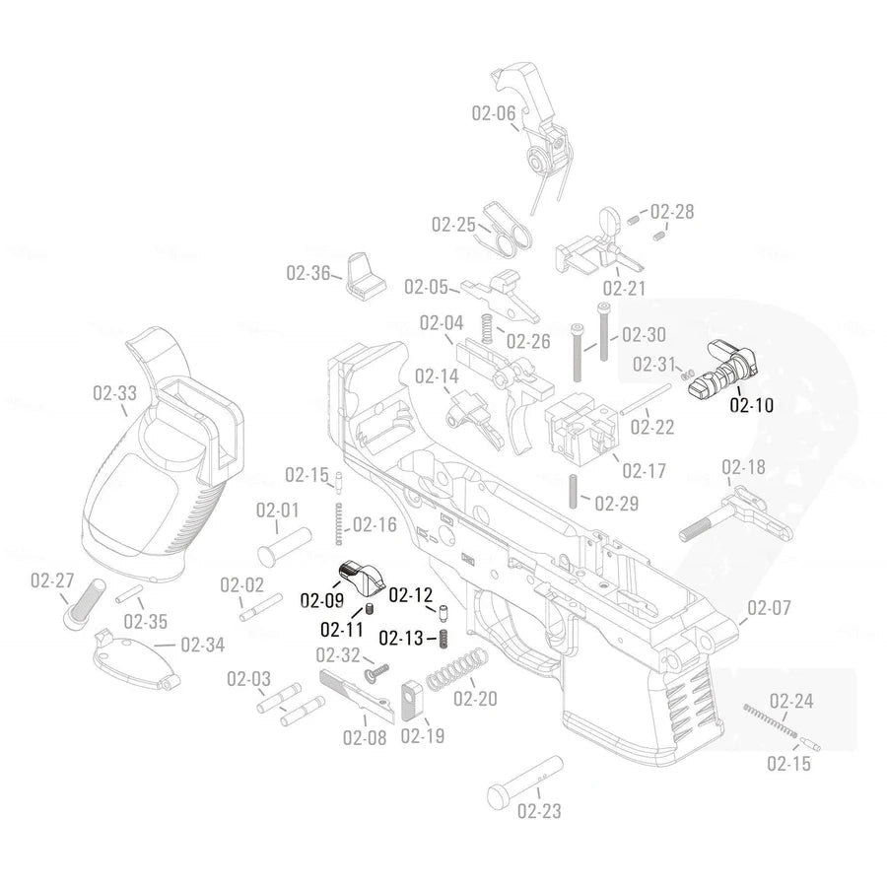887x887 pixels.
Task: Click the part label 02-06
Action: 493,113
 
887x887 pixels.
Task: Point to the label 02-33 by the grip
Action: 114,393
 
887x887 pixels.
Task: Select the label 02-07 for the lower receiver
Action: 769,608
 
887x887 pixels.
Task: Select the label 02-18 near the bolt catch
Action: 743,466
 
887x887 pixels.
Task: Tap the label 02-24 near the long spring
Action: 791,701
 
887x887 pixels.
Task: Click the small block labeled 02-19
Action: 412,698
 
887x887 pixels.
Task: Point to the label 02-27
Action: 51,580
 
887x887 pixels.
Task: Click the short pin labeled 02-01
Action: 284,542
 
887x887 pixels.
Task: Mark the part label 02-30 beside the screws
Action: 644,334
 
